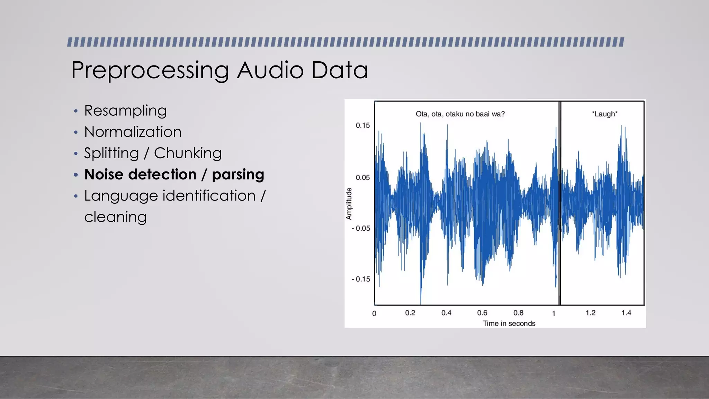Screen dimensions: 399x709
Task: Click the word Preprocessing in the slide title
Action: tap(150, 71)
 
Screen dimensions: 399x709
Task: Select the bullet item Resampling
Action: tap(125, 111)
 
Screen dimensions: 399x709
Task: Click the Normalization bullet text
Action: tap(133, 132)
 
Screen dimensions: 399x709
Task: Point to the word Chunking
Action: tap(188, 153)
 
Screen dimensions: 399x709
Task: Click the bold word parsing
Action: tap(238, 175)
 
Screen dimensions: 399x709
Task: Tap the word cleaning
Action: tap(115, 217)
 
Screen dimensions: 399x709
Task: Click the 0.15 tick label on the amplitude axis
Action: tap(362, 125)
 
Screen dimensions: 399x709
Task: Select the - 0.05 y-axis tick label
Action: tap(361, 229)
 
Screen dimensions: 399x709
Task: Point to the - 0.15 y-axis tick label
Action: tap(361, 279)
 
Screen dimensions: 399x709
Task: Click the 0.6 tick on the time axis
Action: tap(482, 313)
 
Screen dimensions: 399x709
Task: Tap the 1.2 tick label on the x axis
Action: tap(590, 313)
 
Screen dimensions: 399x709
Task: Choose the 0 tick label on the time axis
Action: tap(374, 313)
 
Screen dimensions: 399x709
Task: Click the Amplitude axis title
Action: tap(349, 204)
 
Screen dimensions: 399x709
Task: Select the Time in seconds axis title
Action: tap(509, 323)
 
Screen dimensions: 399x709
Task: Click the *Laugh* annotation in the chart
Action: tap(604, 114)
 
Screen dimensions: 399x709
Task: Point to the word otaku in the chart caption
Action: tap(455, 114)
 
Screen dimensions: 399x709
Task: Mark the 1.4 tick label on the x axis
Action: tap(626, 313)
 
